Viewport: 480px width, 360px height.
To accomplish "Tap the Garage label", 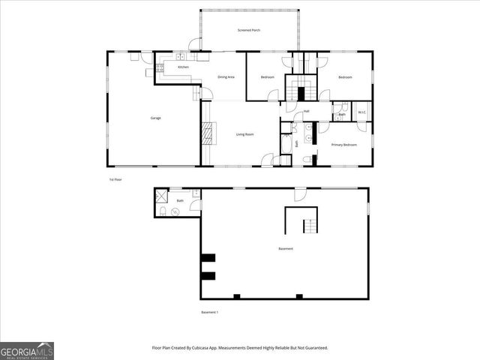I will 155,118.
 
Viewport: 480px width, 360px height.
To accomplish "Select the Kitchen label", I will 183,67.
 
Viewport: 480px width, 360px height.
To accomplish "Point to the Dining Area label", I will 227,77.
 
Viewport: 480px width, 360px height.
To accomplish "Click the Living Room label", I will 244,134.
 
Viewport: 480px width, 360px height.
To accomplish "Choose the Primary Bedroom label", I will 343,144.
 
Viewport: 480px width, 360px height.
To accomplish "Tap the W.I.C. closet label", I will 361,112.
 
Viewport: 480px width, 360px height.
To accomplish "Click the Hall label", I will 307,112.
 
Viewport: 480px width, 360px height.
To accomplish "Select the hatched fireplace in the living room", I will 208,135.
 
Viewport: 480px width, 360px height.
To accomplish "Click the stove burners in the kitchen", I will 160,68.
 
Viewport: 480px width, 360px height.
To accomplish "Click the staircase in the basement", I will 309,226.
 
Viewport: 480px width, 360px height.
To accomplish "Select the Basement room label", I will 285,249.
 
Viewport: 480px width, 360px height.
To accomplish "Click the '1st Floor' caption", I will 115,180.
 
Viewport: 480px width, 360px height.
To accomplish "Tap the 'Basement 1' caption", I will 209,312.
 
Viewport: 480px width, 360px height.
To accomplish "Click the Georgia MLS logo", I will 27,350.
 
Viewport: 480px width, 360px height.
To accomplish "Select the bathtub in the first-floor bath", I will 285,144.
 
